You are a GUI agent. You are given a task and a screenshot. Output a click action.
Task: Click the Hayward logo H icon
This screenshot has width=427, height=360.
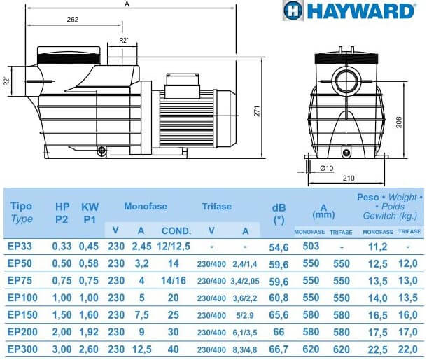pos(293,11)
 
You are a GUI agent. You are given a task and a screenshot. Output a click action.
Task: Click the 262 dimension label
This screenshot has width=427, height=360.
pos(73,20)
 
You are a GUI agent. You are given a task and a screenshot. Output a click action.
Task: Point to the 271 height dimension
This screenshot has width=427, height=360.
pos(258,111)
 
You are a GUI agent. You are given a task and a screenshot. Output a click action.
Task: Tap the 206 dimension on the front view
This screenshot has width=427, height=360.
pos(398,123)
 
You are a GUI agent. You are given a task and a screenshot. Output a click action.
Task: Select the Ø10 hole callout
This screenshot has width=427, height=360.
pos(327,168)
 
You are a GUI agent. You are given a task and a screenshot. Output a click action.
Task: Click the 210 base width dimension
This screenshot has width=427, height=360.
pos(349,178)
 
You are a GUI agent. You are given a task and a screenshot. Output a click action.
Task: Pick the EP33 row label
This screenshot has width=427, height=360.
pos(20,247)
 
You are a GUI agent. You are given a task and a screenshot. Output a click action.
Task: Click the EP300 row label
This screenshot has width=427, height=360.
pos(22,349)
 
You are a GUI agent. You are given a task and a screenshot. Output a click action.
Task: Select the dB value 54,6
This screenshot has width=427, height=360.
pos(279,247)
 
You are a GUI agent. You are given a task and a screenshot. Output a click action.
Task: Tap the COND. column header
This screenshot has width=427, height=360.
pos(176,231)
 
